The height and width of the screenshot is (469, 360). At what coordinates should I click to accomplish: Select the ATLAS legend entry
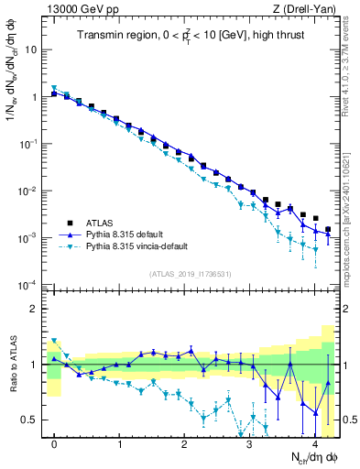[101, 223]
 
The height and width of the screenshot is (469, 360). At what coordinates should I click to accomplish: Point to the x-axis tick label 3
[249, 443]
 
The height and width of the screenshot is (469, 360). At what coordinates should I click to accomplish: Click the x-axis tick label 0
[55, 443]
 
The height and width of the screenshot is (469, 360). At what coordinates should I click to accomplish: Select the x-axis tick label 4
[314, 443]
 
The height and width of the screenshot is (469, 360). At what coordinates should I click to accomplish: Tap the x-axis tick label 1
[120, 443]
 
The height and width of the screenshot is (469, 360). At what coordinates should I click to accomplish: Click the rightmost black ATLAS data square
[327, 229]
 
